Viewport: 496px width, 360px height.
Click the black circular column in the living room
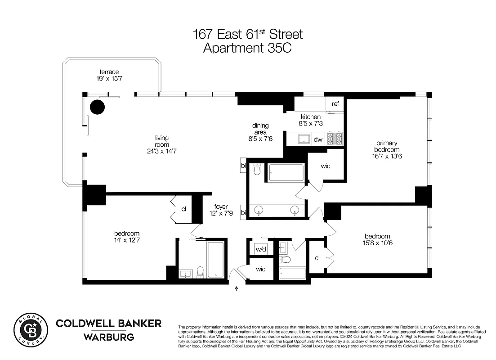(x=97, y=107)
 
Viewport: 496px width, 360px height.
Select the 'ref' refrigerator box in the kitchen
(x=335, y=104)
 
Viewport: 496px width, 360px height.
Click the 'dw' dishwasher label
(x=317, y=139)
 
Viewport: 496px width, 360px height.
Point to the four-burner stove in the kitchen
(x=335, y=139)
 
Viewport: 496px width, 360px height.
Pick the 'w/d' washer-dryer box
(x=261, y=249)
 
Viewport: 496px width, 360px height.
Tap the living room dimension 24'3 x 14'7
(x=162, y=152)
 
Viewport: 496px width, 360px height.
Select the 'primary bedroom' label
(x=387, y=146)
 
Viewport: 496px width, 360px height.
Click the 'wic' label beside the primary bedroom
(x=326, y=166)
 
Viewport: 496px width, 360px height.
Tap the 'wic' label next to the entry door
(x=261, y=269)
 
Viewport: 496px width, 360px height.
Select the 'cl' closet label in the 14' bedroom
(x=183, y=209)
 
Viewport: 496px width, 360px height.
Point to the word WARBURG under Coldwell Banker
(x=108, y=337)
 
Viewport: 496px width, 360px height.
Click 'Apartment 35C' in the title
(x=247, y=48)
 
